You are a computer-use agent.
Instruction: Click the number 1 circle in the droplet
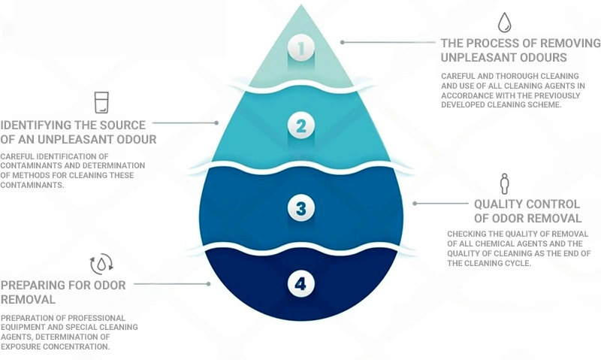pyautogui.click(x=301, y=47)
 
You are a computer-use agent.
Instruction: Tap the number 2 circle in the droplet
pyautogui.click(x=301, y=126)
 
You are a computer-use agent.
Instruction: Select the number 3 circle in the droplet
pyautogui.click(x=301, y=208)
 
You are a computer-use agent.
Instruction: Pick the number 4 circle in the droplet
pyautogui.click(x=301, y=283)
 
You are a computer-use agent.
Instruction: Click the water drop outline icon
pyautogui.click(x=504, y=23)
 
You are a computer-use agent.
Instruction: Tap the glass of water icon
pyautogui.click(x=101, y=102)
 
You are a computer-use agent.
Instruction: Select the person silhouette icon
pyautogui.click(x=504, y=183)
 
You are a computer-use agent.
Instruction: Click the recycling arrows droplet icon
pyautogui.click(x=101, y=264)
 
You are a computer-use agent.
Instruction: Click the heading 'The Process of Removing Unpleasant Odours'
pyautogui.click(x=521, y=50)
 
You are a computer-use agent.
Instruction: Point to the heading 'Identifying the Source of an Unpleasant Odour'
pyautogui.click(x=78, y=132)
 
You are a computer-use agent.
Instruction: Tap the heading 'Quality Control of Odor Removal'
pyautogui.click(x=528, y=211)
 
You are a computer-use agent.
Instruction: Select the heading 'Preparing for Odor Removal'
pyautogui.click(x=63, y=292)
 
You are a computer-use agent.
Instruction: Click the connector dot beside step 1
pyautogui.click(x=343, y=42)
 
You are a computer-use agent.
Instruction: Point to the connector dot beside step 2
pyautogui.click(x=216, y=123)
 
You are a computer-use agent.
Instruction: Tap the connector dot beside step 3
pyautogui.click(x=415, y=203)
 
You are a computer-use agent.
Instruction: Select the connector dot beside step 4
pyautogui.click(x=209, y=283)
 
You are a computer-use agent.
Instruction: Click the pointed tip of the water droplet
pyautogui.click(x=301, y=5)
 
